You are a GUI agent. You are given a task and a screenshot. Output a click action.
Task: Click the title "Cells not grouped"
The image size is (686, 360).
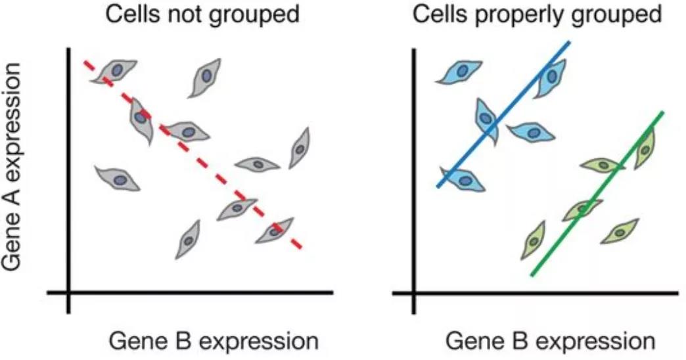pyautogui.click(x=202, y=14)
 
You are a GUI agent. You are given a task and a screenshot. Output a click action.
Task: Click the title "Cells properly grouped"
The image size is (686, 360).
pyautogui.click(x=537, y=14)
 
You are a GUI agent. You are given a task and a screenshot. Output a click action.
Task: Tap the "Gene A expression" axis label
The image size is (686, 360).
pyautogui.click(x=11, y=166)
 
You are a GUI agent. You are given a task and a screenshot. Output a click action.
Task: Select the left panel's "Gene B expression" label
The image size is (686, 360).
pyautogui.click(x=214, y=341)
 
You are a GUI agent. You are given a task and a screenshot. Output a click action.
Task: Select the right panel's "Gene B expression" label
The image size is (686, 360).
pyautogui.click(x=551, y=341)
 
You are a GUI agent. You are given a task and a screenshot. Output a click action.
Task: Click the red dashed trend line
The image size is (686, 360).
pyautogui.click(x=193, y=154)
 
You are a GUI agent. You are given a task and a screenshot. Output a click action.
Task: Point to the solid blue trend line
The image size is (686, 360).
pyautogui.click(x=503, y=114)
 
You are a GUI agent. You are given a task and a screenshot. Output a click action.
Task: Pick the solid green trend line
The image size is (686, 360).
pyautogui.click(x=597, y=194)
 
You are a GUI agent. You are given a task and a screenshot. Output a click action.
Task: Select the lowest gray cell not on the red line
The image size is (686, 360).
pyautogui.click(x=188, y=240)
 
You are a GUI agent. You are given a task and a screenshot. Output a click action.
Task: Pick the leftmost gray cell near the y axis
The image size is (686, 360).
pyautogui.click(x=117, y=179)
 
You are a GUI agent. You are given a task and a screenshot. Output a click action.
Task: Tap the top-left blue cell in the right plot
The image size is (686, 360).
pyautogui.click(x=459, y=72)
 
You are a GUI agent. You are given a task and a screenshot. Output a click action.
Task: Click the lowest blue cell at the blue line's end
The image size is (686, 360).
pyautogui.click(x=463, y=179)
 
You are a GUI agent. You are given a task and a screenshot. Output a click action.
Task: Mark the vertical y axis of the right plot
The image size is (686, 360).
pyautogui.click(x=414, y=181)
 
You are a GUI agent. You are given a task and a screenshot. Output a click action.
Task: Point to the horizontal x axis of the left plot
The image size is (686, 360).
pyautogui.click(x=191, y=292)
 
